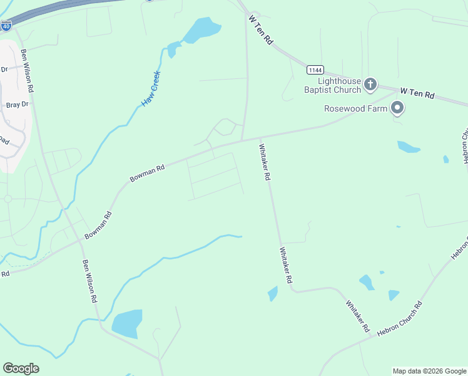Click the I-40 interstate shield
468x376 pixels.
pos(6,26)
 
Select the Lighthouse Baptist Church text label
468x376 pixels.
pos(340,85)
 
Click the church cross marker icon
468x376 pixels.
pos(370,83)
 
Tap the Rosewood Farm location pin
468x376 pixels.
pos(397,108)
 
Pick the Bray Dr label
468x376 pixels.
pos(18,105)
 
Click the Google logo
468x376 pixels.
pos(21,368)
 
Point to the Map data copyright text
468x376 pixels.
pos(429,371)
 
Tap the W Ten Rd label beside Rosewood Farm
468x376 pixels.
pos(417,93)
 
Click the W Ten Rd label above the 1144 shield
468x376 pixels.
pos(262,30)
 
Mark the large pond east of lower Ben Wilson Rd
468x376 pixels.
pos(127,323)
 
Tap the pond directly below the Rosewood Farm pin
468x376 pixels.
pos(408,147)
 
